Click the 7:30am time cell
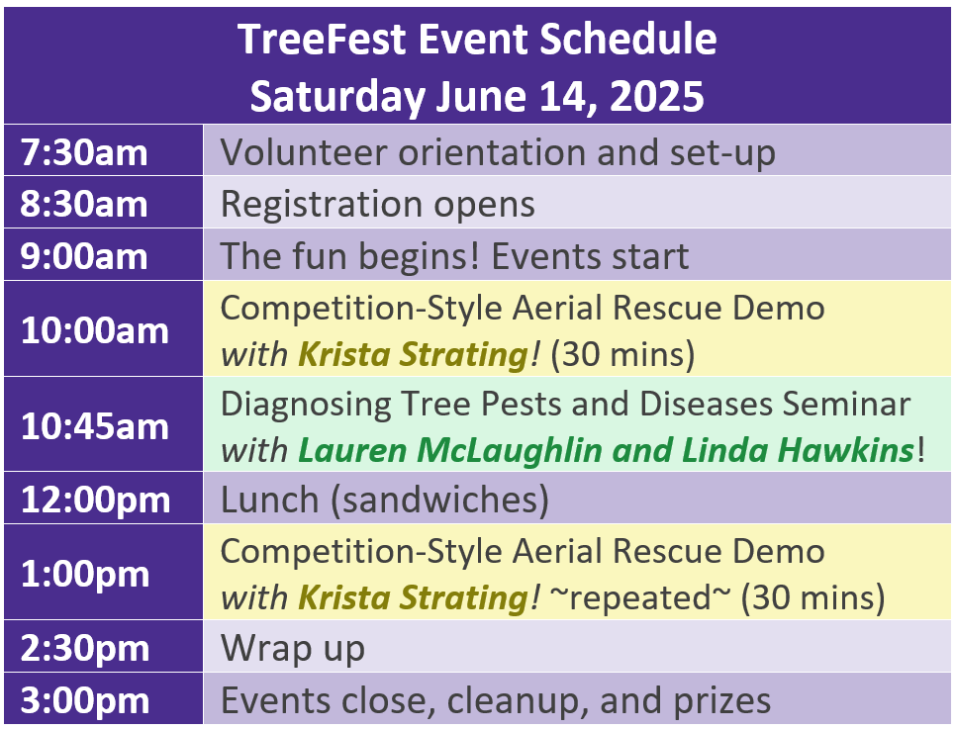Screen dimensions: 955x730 click(104, 150)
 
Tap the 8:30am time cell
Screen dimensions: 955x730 click(104, 202)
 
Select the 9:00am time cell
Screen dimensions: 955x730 click(104, 254)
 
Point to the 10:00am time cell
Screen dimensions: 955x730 click(104, 328)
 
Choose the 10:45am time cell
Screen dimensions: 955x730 click(104, 424)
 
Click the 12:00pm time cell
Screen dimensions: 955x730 click(104, 498)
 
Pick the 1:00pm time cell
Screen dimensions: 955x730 click(104, 573)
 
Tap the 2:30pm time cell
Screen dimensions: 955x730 click(104, 647)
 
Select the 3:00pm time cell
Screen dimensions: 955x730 click(104, 699)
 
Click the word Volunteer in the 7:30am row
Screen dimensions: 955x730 click(303, 151)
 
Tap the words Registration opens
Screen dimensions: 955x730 click(378, 205)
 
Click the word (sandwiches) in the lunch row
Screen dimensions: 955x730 click(439, 502)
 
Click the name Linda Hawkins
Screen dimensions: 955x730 click(798, 450)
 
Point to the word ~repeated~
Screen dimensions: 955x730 click(639, 598)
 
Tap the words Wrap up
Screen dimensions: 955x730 click(293, 649)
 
